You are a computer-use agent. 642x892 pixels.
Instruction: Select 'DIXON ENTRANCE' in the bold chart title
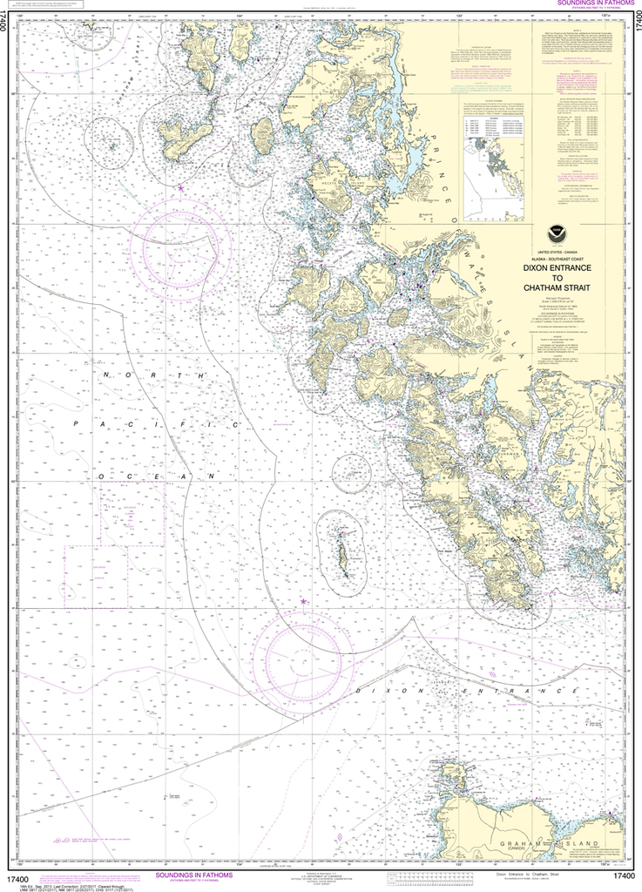tap(558, 269)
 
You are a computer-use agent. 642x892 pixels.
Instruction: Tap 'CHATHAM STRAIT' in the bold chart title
tap(558, 294)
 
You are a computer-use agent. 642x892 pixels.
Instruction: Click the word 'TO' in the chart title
tap(558, 281)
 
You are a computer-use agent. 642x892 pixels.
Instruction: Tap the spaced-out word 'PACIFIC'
tap(157, 424)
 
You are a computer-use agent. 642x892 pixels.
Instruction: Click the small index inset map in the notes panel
tap(493, 179)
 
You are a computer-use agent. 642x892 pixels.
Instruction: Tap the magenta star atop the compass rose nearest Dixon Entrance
tap(303, 602)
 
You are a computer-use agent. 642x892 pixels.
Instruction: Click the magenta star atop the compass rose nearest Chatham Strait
tap(181, 187)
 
